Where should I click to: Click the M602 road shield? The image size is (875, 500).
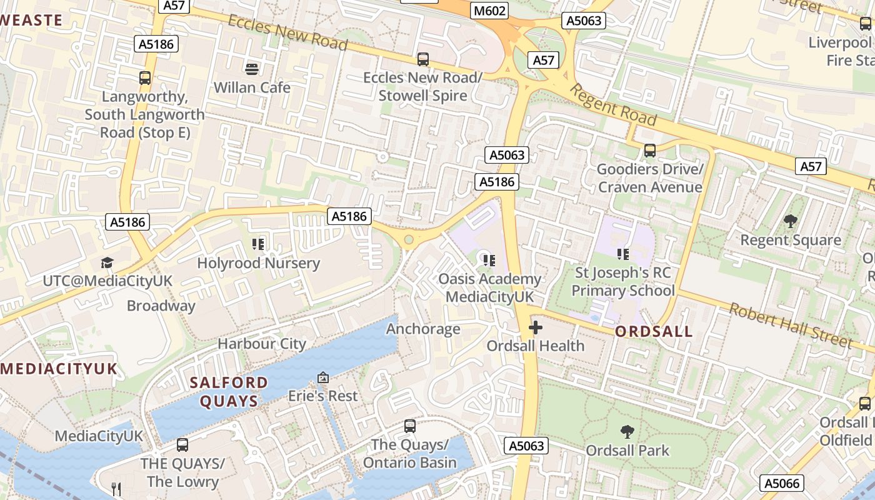[490, 11]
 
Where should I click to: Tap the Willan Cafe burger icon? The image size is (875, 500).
[252, 69]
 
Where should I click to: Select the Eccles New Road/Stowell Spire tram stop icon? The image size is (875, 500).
[423, 59]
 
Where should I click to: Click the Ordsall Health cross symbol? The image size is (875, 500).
[536, 327]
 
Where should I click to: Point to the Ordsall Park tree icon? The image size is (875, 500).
[627, 431]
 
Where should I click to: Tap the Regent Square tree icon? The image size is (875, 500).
[790, 221]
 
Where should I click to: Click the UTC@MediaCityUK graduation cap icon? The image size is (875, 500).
[107, 262]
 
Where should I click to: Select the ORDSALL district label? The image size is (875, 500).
[654, 332]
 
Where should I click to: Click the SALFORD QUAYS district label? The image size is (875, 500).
[229, 392]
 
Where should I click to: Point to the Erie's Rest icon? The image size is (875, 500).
[323, 377]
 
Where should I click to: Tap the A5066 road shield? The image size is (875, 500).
[782, 482]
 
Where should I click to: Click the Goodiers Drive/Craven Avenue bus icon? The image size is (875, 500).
[650, 151]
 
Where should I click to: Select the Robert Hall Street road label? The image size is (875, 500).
[791, 326]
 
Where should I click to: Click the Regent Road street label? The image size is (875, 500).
[613, 104]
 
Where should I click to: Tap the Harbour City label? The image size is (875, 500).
[262, 344]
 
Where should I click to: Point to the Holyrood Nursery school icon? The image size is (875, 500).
[258, 244]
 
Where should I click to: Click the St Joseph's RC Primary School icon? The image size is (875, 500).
[622, 254]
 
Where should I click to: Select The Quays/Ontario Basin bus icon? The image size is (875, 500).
[410, 426]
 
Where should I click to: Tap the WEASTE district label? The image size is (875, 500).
[31, 20]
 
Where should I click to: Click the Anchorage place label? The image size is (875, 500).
[423, 329]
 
